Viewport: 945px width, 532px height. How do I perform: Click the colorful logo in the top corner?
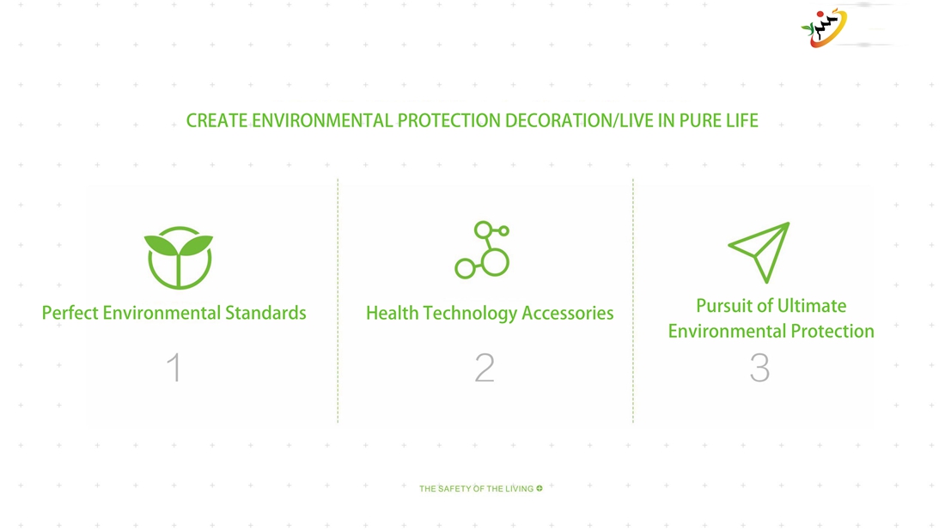(824, 28)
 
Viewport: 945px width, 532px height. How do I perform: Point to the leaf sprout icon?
(179, 258)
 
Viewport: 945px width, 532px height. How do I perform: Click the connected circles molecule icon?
(482, 250)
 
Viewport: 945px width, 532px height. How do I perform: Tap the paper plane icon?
(759, 252)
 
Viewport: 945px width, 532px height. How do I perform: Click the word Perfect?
(70, 313)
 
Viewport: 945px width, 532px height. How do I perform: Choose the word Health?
(392, 313)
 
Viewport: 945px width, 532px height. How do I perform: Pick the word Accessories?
(568, 313)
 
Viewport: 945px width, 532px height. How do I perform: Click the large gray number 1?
(174, 367)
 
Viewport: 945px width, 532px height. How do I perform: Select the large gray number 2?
(485, 367)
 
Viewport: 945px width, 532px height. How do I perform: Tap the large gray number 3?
(759, 367)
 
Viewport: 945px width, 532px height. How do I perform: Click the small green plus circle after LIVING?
(540, 488)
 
